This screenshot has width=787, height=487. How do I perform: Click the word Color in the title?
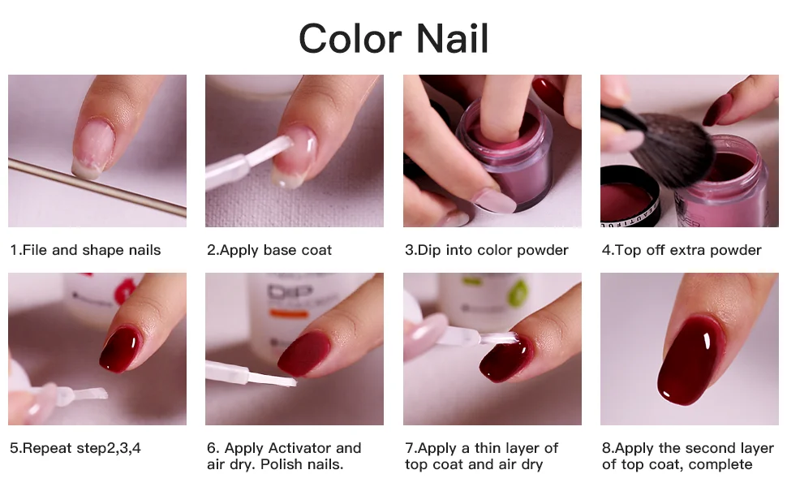pos(350,38)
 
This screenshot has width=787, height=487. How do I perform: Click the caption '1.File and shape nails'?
pos(85,250)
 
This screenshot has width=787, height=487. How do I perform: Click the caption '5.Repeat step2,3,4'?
pos(75,448)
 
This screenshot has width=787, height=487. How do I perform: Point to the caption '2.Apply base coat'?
pos(269,250)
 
